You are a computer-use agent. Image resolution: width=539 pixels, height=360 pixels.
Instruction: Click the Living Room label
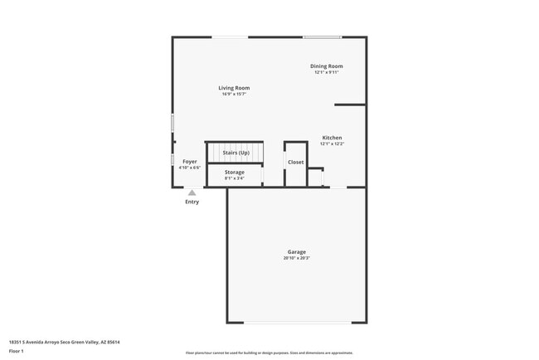[x=234, y=88]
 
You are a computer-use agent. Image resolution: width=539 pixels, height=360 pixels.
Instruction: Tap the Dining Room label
[x=326, y=66]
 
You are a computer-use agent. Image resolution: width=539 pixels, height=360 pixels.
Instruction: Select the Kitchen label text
[x=332, y=138]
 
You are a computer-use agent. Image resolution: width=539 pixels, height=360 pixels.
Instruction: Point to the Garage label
[x=296, y=252]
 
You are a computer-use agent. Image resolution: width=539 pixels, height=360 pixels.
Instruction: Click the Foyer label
[x=190, y=161]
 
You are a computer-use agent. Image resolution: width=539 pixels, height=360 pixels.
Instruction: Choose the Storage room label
[x=234, y=172]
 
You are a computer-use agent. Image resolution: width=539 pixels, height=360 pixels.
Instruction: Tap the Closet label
[x=296, y=162]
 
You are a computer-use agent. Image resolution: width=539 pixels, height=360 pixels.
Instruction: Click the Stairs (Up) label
[x=236, y=153]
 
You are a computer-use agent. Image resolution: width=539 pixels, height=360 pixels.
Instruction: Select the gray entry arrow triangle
[x=192, y=192]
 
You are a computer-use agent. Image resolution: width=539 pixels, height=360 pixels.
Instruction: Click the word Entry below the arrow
[x=192, y=202]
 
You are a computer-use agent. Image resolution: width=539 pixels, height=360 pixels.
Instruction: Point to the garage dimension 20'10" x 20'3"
[x=296, y=258]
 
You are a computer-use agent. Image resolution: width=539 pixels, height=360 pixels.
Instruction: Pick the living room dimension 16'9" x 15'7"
[x=234, y=94]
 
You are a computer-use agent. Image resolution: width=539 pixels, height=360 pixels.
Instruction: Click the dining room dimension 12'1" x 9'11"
[x=326, y=72]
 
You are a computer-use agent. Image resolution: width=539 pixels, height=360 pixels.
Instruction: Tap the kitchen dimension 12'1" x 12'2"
[x=332, y=144]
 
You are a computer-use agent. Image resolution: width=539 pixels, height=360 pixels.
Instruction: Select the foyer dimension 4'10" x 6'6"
[x=190, y=167]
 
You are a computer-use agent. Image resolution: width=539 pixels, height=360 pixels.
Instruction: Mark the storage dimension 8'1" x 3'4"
[x=234, y=178]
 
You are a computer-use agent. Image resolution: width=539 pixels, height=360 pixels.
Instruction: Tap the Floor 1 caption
[x=17, y=351]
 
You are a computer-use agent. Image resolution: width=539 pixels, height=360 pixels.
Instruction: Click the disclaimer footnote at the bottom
[x=269, y=353]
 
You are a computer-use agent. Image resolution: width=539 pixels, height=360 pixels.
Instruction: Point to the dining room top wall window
[x=322, y=36]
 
